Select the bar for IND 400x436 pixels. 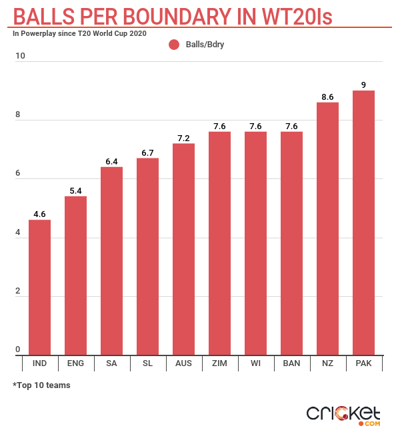click(39, 288)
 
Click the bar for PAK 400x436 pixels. click(363, 223)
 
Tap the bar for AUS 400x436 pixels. click(183, 250)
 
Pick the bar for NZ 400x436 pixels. click(327, 229)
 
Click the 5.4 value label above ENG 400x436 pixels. click(75, 190)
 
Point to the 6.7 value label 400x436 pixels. click(147, 152)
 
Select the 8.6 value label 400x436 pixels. click(327, 97)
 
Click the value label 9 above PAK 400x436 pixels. click(363, 85)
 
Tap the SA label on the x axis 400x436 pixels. click(111, 363)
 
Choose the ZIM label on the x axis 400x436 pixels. click(219, 363)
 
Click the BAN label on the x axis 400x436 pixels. click(291, 363)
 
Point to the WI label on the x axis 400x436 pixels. click(255, 363)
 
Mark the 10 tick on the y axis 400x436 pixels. click(21, 56)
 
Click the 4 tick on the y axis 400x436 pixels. click(19, 232)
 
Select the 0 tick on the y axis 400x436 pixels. click(19, 350)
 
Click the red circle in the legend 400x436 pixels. click(175, 45)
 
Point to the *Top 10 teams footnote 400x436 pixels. click(41, 385)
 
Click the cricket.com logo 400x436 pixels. click(343, 414)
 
